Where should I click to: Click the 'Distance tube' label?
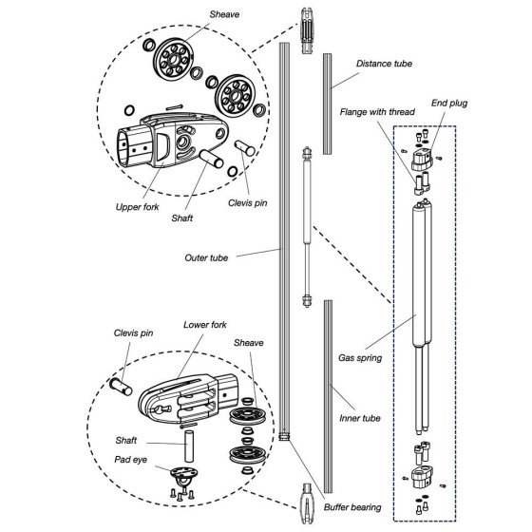(x=384, y=64)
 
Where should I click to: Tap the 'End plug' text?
(x=449, y=104)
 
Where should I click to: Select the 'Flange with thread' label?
(x=377, y=112)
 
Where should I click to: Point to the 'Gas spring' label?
(x=360, y=358)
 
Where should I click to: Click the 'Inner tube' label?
(x=360, y=418)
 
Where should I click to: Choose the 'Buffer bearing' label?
(x=352, y=507)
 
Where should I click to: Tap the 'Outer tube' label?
(x=206, y=257)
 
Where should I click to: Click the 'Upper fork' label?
(x=137, y=207)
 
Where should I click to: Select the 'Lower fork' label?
(x=205, y=325)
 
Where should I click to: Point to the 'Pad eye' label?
(x=131, y=460)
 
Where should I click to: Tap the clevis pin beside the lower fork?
(x=121, y=387)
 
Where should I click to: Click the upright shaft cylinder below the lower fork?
(x=189, y=446)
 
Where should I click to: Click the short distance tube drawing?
(x=327, y=104)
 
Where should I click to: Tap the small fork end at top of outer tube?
(x=307, y=30)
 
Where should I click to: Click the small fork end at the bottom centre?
(x=307, y=503)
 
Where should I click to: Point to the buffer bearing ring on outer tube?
(x=284, y=436)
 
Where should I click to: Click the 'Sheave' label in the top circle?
(x=224, y=14)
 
